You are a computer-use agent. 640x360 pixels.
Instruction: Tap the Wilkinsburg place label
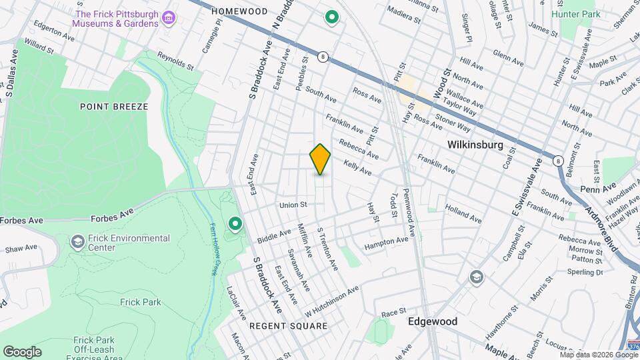(474, 143)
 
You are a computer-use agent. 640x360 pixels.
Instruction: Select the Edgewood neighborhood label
(433, 321)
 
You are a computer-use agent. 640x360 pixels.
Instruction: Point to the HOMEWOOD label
(239, 11)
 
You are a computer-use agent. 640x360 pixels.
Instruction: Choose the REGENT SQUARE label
(288, 326)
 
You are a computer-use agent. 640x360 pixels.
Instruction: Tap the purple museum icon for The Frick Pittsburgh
(169, 17)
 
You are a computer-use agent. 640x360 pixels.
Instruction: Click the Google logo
(22, 351)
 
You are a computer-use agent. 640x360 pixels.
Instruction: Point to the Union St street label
(293, 205)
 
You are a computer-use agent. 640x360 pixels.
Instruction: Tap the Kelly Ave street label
(357, 167)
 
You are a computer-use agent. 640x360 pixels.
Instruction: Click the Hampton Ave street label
(385, 244)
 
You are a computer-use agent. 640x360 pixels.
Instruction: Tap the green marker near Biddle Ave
(235, 224)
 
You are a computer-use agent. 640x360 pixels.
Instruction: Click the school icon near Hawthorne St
(476, 277)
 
